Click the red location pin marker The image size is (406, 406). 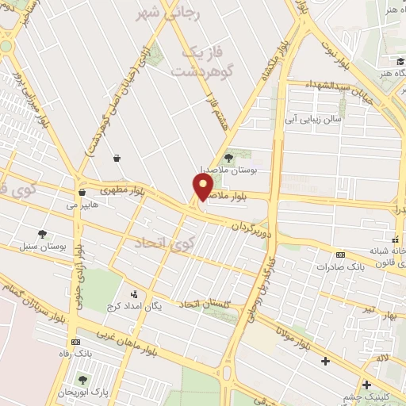(203, 186)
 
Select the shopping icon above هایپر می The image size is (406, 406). (82, 192)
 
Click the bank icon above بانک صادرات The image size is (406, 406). (340, 255)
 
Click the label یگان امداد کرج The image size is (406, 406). (159, 306)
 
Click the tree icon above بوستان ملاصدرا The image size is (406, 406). (230, 156)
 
